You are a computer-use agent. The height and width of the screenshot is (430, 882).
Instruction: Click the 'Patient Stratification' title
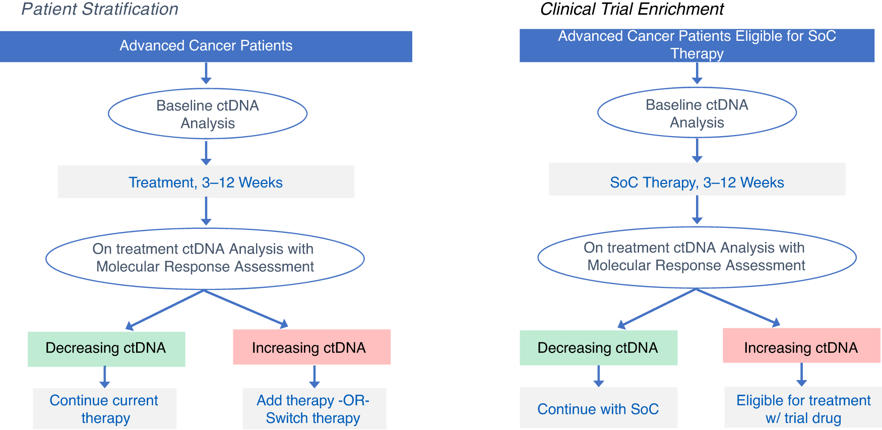100,9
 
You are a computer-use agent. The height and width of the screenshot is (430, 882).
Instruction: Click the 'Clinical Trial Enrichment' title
632,9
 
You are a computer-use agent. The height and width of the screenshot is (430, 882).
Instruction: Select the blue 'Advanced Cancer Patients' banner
206,46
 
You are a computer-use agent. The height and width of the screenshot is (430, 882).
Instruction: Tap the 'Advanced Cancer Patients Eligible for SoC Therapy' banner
697,45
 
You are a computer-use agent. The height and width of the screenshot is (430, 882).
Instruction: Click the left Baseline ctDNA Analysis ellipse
207,114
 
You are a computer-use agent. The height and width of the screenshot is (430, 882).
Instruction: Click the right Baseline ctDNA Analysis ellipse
697,113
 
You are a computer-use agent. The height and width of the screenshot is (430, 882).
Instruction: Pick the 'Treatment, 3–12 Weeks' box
206,182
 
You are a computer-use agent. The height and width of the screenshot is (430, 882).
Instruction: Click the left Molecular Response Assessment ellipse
205,258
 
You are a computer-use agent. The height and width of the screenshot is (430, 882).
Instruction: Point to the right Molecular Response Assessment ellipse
697,257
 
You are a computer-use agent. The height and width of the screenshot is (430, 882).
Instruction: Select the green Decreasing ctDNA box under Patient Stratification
106,348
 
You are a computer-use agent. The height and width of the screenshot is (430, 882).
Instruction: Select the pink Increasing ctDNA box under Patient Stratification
311,347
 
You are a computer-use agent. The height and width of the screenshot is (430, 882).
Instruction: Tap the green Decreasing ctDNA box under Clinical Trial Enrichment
598,348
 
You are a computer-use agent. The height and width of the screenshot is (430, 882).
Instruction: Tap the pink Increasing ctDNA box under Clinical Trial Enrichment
801,346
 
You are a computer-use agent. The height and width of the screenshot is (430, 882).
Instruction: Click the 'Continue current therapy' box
104,409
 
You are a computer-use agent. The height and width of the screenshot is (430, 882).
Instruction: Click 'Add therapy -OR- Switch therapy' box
314,409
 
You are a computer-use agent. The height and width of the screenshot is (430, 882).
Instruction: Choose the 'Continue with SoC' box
598,408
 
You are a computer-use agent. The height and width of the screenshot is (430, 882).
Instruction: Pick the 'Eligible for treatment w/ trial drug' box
803,408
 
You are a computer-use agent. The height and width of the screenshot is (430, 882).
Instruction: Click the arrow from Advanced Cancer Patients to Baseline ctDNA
206,73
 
